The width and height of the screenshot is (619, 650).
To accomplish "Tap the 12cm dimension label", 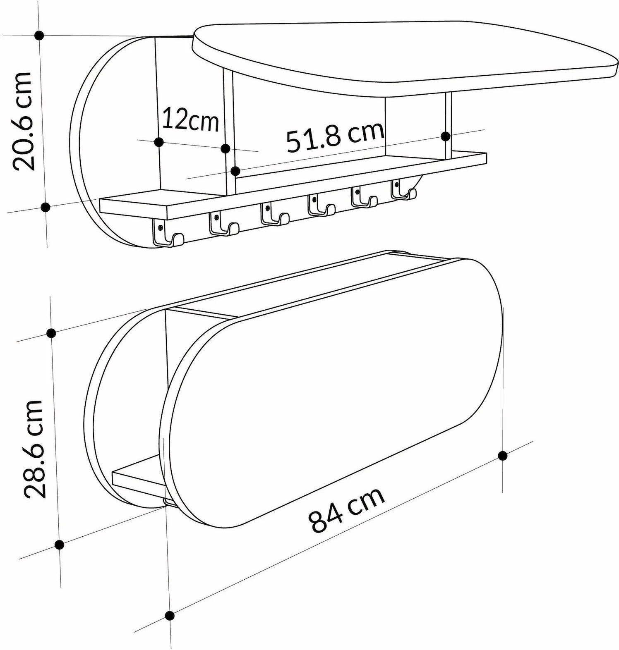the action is pos(190,119).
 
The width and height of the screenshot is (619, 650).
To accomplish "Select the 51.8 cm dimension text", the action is pos(335,135).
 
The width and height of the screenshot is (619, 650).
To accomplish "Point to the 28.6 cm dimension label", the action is pos(34,449).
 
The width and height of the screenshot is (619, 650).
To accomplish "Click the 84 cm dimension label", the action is pos(347,510).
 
